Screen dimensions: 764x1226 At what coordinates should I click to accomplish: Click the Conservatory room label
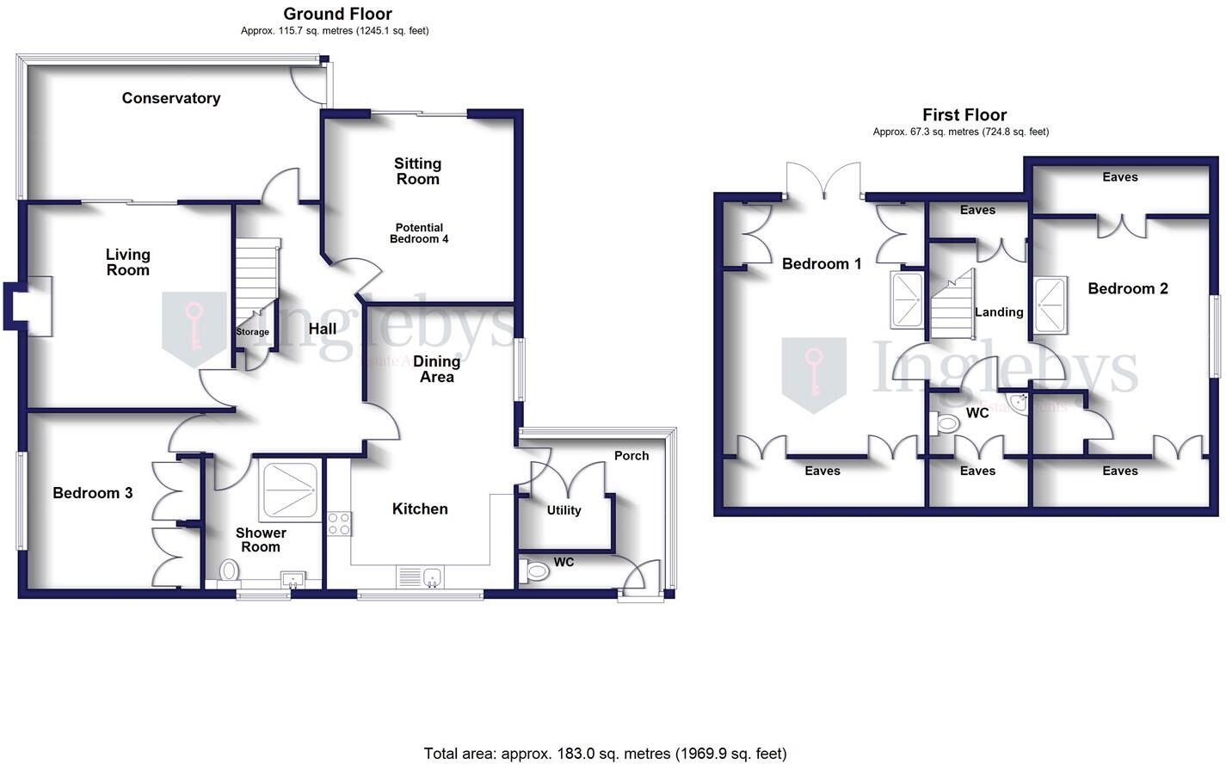(170, 98)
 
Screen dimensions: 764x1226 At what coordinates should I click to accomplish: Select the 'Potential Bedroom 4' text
(418, 233)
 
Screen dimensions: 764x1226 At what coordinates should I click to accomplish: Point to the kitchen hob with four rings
(339, 523)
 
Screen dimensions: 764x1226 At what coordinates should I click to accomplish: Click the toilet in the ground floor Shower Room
(229, 570)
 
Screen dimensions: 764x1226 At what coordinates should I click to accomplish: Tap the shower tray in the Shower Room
(289, 489)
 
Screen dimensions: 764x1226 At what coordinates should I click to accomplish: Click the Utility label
(564, 510)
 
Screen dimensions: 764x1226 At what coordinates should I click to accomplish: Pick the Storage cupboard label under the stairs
(252, 332)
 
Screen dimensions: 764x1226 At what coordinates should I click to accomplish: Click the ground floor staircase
(257, 280)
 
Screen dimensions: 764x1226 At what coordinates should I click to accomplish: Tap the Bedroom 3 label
(92, 493)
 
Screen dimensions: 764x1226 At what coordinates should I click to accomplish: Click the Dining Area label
(436, 369)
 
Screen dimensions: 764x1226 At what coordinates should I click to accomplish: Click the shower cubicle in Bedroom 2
(1050, 305)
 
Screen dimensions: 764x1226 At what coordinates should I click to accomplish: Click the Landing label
(998, 312)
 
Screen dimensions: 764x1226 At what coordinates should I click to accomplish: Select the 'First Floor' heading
(964, 114)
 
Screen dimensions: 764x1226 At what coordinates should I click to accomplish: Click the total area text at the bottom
(605, 754)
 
